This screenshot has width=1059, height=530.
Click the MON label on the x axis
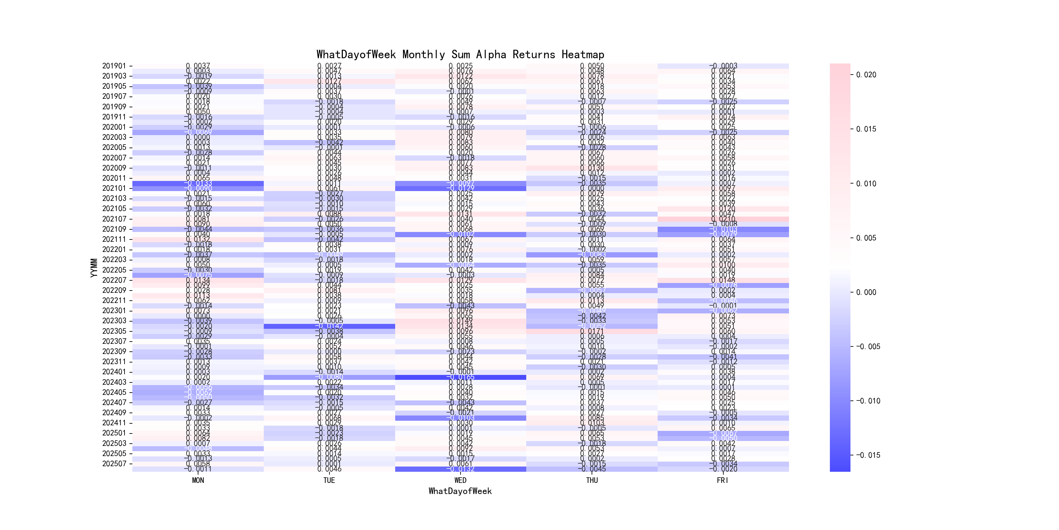coord(198,480)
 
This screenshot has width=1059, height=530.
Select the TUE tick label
coord(329,480)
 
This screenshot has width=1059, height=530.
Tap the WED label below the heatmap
coord(460,480)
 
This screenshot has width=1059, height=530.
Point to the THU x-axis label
coord(592,480)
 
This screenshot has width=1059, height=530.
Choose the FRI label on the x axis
coord(723,480)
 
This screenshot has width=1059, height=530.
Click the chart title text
coord(460,54)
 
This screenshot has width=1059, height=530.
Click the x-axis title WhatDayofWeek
coord(460,491)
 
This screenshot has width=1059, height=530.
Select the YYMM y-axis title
coord(94,268)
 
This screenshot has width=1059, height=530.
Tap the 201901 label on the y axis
coord(114,66)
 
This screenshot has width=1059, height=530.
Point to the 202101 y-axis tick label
coord(114,188)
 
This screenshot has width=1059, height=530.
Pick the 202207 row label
coord(114,280)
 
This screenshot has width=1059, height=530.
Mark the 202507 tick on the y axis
coord(114,464)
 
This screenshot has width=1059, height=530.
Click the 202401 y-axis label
coord(114,372)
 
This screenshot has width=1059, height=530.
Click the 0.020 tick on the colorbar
coord(866,75)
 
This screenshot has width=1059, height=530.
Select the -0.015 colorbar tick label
coord(868,455)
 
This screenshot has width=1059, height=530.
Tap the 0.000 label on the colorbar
coord(866,292)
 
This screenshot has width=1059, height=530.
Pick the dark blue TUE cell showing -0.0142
coord(329,326)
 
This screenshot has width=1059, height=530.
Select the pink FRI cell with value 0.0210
coord(723,219)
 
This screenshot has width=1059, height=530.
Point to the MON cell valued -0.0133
coord(198,183)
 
